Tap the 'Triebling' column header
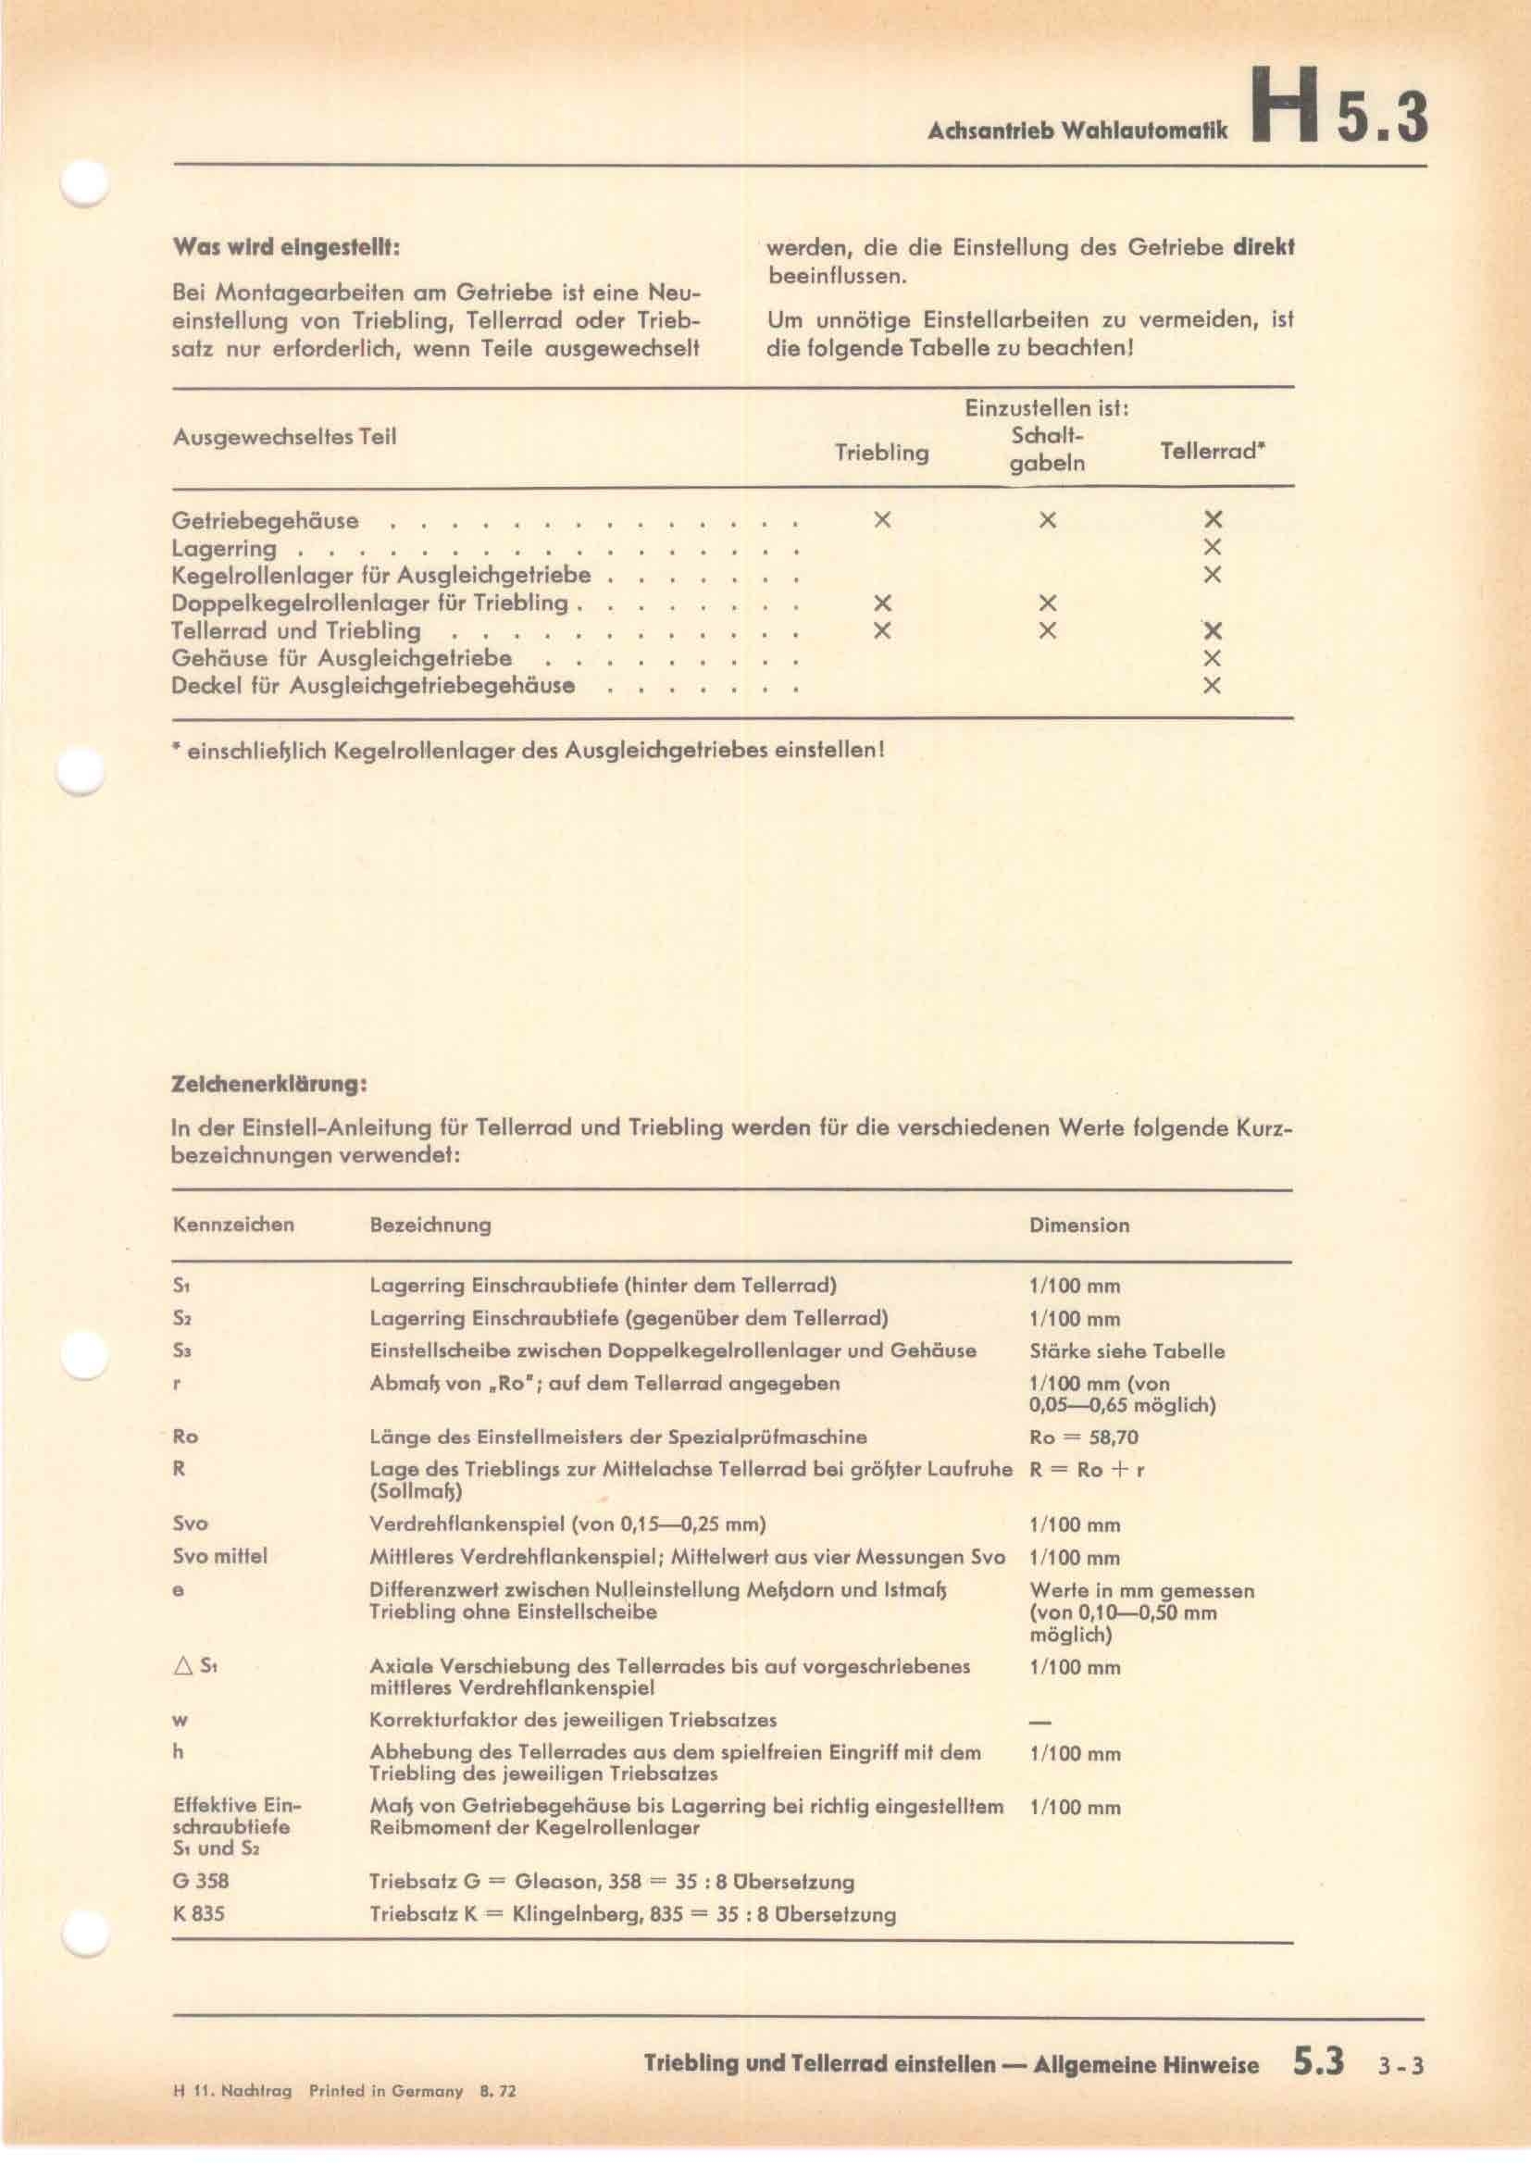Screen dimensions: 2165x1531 881,453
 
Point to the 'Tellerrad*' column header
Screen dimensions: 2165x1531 1212,451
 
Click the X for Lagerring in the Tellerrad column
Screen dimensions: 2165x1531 1213,547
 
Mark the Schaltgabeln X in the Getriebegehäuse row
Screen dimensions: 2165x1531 1047,519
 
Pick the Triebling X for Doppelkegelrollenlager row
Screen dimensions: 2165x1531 881,603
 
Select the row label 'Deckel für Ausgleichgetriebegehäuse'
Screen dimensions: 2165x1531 372,686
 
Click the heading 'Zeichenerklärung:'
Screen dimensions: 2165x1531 268,1085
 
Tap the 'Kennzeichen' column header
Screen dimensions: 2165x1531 233,1225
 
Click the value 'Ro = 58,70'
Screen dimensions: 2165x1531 1084,1438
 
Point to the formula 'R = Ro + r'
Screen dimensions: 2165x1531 1087,1470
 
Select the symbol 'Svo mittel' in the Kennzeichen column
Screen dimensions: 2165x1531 219,1556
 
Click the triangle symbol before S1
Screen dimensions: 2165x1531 183,1666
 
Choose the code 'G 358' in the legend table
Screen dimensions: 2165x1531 200,1881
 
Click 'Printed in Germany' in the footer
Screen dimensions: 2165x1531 386,2084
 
